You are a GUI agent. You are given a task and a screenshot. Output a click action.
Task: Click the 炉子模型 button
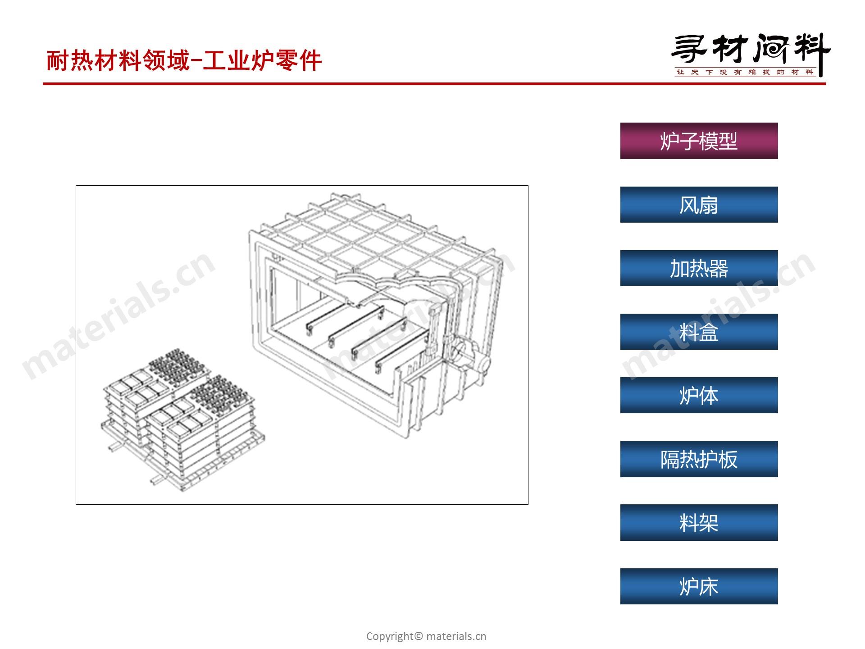(699, 141)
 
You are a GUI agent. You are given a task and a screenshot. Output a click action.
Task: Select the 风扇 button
(699, 205)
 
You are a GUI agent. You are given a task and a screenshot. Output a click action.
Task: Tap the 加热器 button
(699, 268)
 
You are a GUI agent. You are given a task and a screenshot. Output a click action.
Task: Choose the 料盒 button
(699, 332)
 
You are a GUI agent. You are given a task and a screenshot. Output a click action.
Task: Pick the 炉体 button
(699, 395)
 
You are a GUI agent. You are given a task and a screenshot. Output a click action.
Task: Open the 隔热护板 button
(699, 459)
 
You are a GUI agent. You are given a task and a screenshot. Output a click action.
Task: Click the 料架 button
(699, 522)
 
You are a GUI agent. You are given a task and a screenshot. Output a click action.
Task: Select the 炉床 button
(699, 586)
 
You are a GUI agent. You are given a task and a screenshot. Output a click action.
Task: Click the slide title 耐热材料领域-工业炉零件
(184, 60)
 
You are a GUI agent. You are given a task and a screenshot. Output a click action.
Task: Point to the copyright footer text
(426, 636)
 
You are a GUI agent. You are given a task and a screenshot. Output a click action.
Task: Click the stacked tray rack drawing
(182, 419)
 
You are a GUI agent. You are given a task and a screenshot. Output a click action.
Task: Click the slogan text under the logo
(746, 72)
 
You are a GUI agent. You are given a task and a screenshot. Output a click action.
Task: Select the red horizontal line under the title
(434, 84)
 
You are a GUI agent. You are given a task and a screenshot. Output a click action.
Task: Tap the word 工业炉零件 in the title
(262, 60)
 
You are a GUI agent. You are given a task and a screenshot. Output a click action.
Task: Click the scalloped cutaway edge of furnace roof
(387, 284)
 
